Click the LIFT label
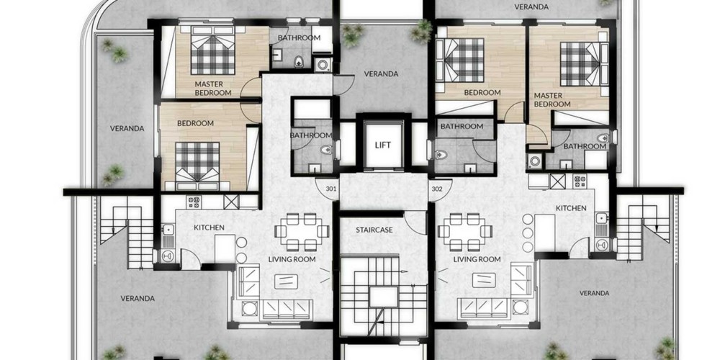tap(382, 145)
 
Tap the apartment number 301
tap(331, 188)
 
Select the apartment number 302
tap(436, 188)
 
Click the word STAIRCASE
tap(374, 230)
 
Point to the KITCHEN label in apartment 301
tap(209, 228)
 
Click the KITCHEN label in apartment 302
tap(571, 208)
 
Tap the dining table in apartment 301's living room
tap(302, 231)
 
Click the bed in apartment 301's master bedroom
tap(213, 50)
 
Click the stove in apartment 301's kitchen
tap(193, 202)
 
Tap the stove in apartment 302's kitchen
tap(579, 181)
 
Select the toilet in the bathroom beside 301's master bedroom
tap(299, 61)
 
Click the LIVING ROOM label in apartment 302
tap(477, 259)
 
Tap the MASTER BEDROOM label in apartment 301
tap(212, 88)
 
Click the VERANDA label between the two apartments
tap(381, 73)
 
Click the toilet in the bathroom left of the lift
tap(327, 150)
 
